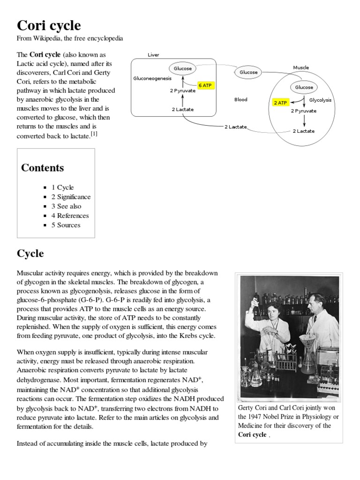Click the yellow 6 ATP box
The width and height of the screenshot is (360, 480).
[x=206, y=85]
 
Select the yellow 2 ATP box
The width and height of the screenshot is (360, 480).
[x=280, y=103]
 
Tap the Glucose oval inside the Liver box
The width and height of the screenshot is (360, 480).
[x=183, y=68]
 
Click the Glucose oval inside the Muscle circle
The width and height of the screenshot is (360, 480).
[x=304, y=87]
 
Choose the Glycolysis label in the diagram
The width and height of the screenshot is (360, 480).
[x=320, y=100]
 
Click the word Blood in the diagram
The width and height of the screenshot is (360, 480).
[x=240, y=100]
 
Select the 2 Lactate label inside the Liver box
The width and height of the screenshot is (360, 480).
[x=182, y=110]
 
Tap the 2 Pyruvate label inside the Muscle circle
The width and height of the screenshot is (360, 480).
[x=303, y=111]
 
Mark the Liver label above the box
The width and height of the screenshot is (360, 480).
[x=153, y=55]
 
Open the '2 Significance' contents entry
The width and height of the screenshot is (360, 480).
[x=71, y=197]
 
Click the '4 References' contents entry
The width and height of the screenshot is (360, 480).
[x=70, y=216]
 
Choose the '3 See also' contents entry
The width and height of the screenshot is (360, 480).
[x=66, y=206]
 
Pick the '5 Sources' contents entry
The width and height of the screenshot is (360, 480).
[x=66, y=225]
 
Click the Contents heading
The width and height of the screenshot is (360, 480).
[x=43, y=168]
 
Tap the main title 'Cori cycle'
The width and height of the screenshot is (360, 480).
[x=49, y=25]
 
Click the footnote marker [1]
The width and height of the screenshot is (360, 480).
[x=94, y=134]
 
